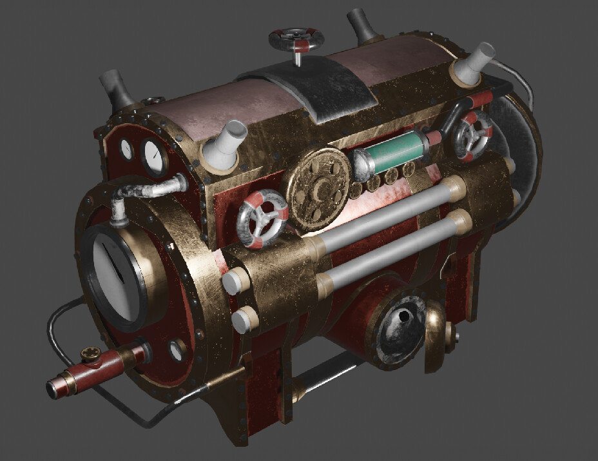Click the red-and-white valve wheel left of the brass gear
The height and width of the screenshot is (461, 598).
(263, 219)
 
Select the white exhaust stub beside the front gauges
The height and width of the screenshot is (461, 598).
(226, 142)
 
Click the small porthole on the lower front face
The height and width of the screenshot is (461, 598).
(176, 351)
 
